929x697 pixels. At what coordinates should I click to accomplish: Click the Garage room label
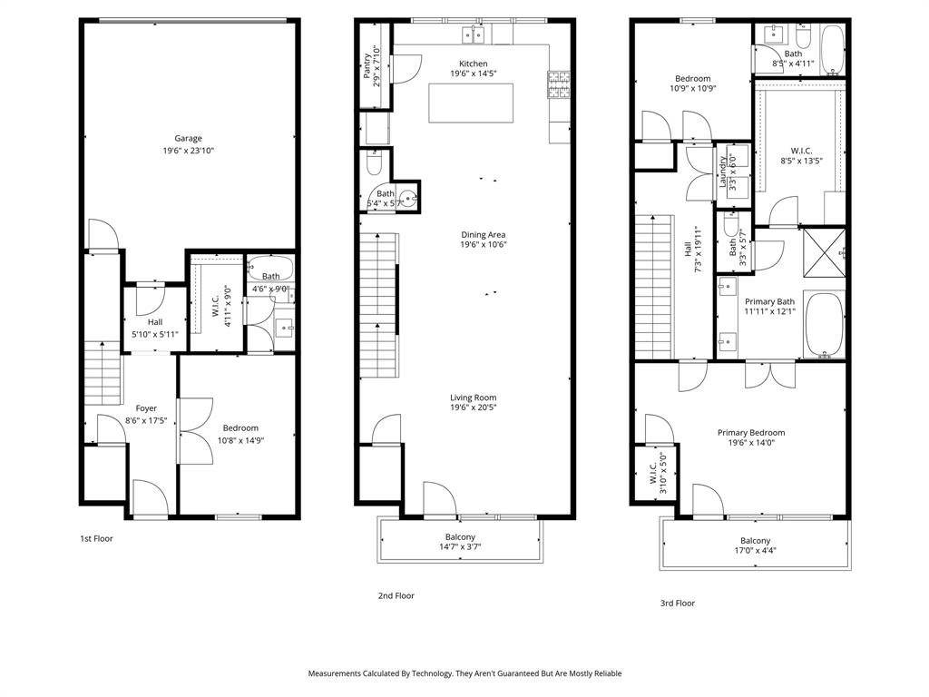(189, 139)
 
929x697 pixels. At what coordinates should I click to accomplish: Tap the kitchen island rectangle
(471, 103)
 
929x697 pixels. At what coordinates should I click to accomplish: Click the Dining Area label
(483, 234)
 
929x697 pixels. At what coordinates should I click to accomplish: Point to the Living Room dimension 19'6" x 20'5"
(473, 408)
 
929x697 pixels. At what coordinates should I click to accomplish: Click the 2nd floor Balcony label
(460, 536)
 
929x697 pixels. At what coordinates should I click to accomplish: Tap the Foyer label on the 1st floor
(146, 408)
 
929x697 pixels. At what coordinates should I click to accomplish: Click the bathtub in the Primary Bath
(824, 324)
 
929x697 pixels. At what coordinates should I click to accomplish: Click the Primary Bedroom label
(750, 433)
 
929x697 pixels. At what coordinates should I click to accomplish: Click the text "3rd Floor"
(677, 603)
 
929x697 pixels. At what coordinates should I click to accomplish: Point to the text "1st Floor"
(96, 538)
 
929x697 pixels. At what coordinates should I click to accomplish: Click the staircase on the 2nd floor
(379, 305)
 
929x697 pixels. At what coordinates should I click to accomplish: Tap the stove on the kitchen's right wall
(558, 84)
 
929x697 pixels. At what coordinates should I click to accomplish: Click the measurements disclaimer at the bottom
(464, 673)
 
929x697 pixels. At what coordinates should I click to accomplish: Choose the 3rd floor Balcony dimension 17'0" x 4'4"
(755, 550)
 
